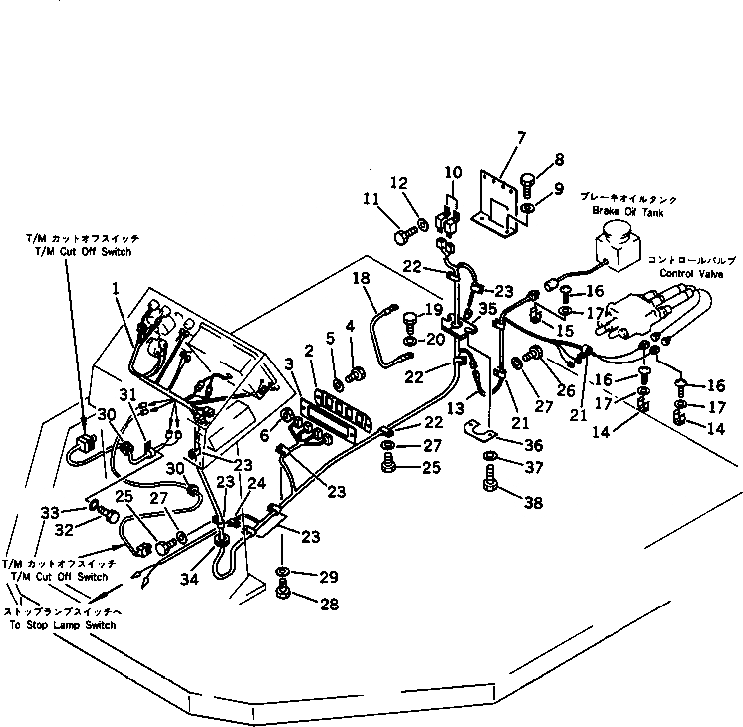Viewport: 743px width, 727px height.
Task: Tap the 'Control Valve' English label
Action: click(x=683, y=270)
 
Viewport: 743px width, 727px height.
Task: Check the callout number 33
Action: click(x=49, y=512)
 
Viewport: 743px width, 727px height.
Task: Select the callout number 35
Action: click(x=487, y=308)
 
